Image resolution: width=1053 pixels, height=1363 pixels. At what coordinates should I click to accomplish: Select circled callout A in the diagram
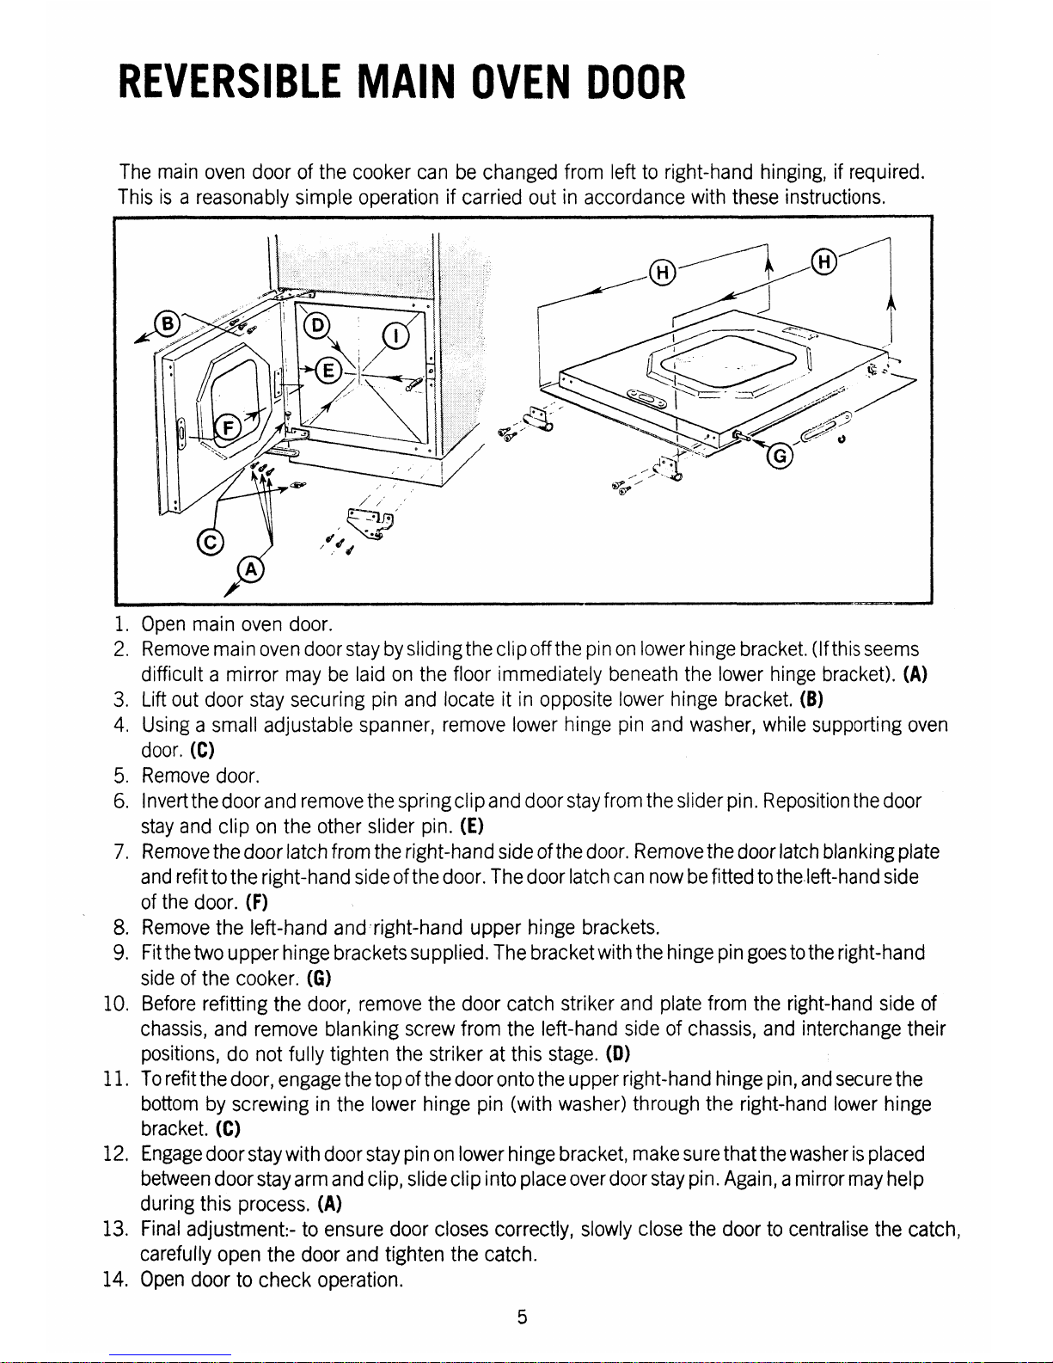pos(250,571)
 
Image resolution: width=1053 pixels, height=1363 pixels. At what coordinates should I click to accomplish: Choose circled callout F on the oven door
pos(230,427)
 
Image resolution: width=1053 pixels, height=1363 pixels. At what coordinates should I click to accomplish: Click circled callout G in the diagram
pos(779,457)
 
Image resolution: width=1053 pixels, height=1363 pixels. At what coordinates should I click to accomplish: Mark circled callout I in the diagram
pos(395,335)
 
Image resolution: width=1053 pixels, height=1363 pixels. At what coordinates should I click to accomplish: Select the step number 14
pos(123,1280)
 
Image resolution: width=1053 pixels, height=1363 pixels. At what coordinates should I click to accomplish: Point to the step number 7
pos(123,852)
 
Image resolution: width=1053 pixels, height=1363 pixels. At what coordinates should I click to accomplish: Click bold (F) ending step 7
pos(254,903)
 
